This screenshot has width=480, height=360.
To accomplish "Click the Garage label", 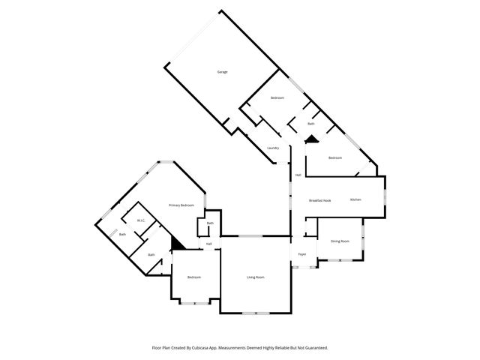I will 222,72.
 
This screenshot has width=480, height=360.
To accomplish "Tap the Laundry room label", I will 273,148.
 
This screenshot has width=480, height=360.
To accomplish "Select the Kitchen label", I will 355,199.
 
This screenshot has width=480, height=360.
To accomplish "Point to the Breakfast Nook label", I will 320,200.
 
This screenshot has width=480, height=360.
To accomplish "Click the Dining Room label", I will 340,241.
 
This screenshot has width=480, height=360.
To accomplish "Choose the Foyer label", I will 302,254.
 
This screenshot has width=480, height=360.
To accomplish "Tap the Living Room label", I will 256,277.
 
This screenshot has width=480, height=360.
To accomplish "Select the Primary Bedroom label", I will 181,205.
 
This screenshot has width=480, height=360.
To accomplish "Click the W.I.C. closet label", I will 140,220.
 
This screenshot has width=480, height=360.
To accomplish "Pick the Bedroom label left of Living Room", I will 194,277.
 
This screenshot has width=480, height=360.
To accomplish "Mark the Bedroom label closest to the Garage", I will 277,98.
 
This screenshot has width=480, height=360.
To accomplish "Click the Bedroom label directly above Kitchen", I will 334,157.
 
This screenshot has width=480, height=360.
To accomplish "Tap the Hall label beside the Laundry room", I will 298,175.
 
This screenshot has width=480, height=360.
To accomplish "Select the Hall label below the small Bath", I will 209,244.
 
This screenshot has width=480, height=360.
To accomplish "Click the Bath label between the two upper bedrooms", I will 310,123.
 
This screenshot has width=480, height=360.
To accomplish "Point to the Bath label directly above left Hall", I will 210,223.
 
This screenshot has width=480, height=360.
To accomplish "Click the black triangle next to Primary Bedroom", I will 177,244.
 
